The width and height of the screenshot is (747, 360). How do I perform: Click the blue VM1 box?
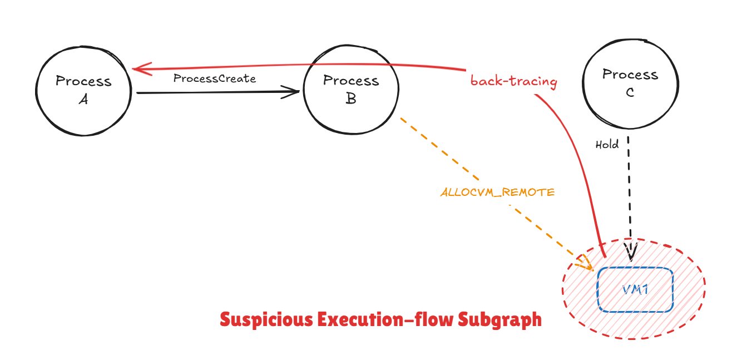pyautogui.click(x=635, y=289)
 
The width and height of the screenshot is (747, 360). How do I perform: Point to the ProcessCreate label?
pyautogui.click(x=215, y=78)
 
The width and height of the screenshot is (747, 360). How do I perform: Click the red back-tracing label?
pyautogui.click(x=513, y=81)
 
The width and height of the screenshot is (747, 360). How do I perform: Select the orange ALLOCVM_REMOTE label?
pyautogui.click(x=497, y=193)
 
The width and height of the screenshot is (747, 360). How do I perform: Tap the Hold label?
pyautogui.click(x=607, y=145)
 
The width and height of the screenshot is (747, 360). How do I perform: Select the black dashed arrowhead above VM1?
pyautogui.click(x=631, y=253)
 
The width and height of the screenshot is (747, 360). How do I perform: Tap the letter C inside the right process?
pyautogui.click(x=630, y=92)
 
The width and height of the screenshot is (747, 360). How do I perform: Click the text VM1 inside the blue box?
pyautogui.click(x=635, y=290)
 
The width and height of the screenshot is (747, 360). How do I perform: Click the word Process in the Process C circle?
pyautogui.click(x=630, y=75)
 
